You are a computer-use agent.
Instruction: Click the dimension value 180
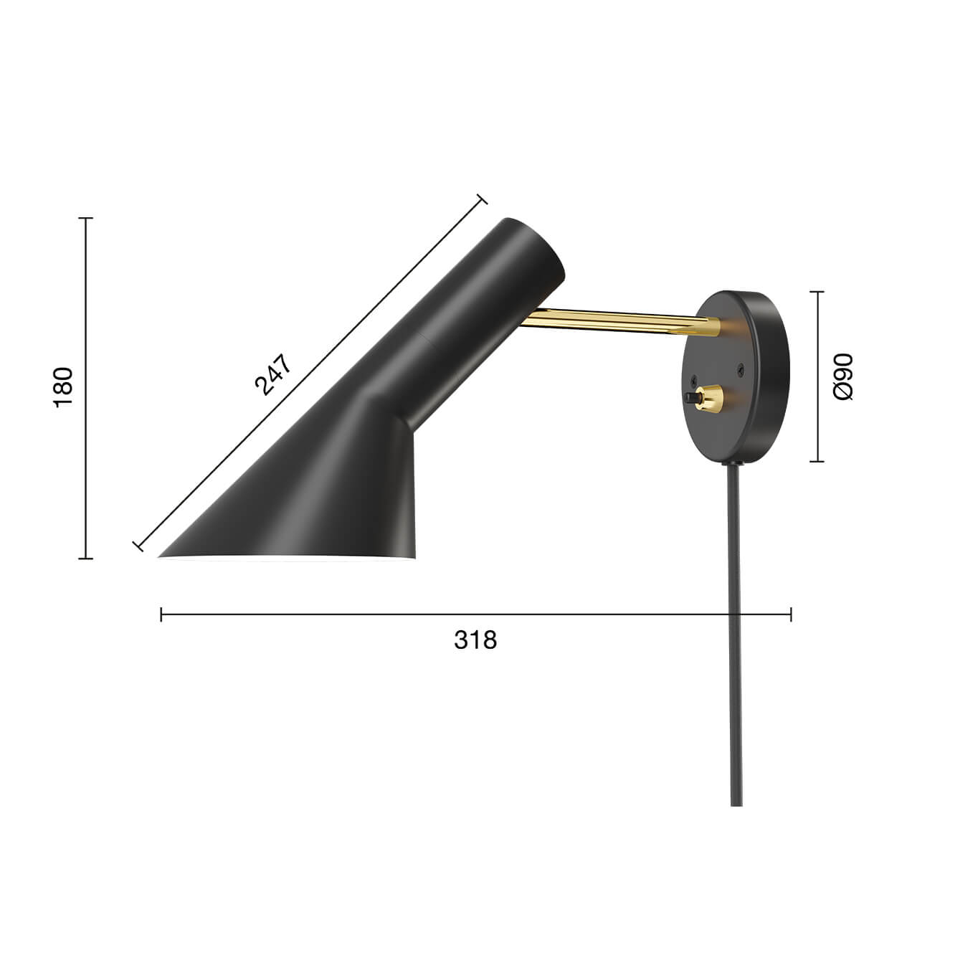[x=64, y=387]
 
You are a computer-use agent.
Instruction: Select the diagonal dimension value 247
[x=273, y=375]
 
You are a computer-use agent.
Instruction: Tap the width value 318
[x=475, y=640]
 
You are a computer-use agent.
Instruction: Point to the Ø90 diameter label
[x=843, y=376]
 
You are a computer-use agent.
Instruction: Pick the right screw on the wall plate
[x=741, y=369]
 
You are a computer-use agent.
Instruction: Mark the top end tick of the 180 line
[x=86, y=218]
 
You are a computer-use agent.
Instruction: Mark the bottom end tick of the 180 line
[x=86, y=558]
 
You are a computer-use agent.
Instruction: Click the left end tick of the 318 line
[x=161, y=614]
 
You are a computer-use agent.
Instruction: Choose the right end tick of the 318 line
[x=791, y=614]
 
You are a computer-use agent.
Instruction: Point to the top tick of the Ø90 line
[x=817, y=292]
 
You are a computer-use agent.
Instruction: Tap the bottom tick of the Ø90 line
[x=817, y=461]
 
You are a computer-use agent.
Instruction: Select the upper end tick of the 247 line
[x=482, y=200]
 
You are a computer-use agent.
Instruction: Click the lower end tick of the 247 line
[x=138, y=546]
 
